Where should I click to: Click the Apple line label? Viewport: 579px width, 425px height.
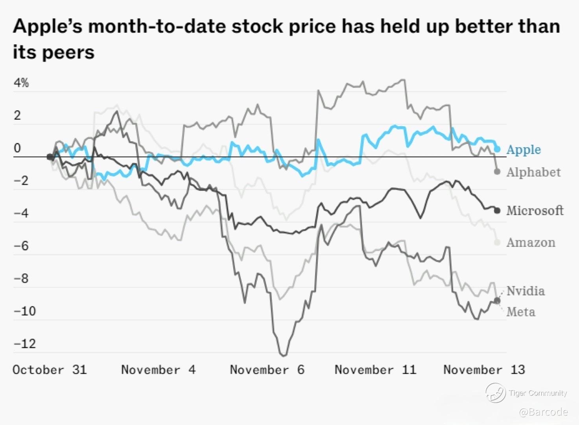point(524,150)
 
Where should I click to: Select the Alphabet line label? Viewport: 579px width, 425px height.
point(533,172)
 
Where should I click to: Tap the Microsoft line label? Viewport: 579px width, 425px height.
point(535,211)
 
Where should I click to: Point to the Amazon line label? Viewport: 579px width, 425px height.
point(531,242)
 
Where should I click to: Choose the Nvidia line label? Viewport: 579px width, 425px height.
point(526,291)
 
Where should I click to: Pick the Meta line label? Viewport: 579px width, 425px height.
point(521,312)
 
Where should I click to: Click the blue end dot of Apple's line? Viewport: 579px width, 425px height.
point(497,149)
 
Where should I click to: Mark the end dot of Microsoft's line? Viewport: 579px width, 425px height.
point(497,211)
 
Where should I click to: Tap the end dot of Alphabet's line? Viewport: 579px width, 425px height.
point(497,172)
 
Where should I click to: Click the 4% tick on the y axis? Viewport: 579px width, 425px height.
point(21,83)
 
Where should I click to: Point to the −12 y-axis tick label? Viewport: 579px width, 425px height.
point(25,344)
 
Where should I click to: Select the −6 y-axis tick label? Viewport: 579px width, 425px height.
point(21,246)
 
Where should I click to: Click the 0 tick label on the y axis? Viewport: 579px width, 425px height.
point(17,148)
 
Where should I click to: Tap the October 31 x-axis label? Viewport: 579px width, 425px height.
point(50,370)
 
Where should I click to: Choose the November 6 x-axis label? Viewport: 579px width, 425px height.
point(267,370)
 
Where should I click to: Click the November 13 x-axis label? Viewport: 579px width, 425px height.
point(484,370)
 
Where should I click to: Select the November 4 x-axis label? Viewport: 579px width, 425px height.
point(158,370)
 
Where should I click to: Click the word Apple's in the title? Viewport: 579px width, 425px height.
point(49,27)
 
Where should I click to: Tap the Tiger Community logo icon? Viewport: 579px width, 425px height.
point(495,393)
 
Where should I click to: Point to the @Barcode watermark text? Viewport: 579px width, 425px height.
point(543,412)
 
